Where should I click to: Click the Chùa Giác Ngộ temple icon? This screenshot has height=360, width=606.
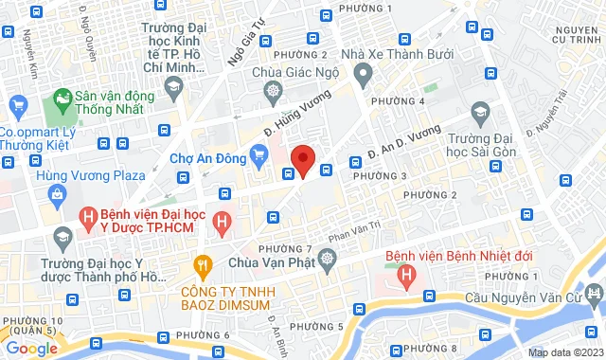click(274, 90)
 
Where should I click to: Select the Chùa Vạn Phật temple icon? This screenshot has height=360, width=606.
click(328, 257)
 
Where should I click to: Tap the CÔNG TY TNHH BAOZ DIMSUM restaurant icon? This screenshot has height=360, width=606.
click(201, 265)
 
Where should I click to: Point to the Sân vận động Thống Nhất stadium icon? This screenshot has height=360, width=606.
click(62, 98)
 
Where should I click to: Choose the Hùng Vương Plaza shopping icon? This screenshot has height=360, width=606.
click(57, 195)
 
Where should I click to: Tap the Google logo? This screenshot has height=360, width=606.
click(31, 348)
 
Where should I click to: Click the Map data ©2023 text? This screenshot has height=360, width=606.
click(563, 352)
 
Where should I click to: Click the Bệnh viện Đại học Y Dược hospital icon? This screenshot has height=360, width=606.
click(88, 219)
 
